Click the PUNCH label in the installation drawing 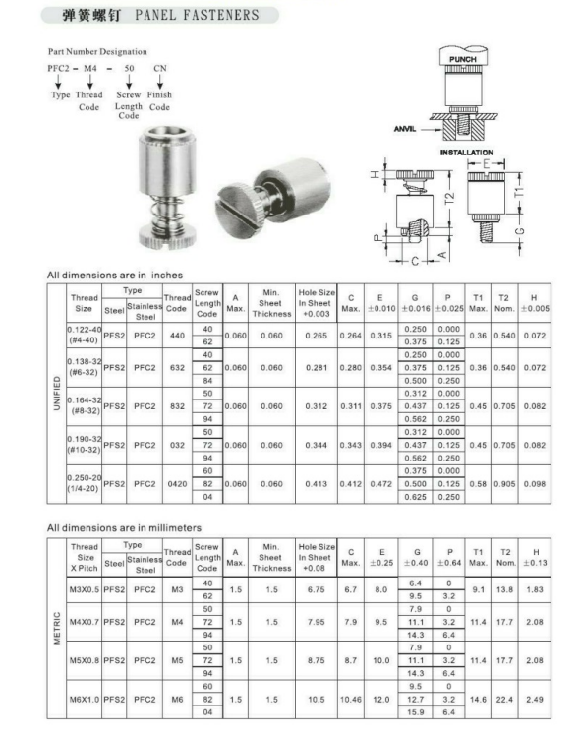click(463, 59)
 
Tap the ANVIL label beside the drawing click(405, 128)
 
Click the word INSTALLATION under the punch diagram click(466, 153)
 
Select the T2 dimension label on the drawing click(449, 199)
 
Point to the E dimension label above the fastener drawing click(486, 164)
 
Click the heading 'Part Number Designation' click(97, 52)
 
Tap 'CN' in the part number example click(159, 68)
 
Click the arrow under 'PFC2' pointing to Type click(58, 82)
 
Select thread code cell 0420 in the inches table click(177, 484)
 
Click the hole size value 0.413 click(317, 484)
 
